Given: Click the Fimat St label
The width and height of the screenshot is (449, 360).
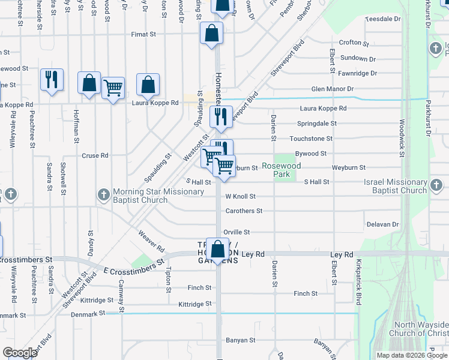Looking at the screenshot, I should point(145,35).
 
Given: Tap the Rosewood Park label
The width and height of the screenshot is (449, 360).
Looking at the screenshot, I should point(281,170).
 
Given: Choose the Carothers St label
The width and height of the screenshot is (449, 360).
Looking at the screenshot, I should point(244,211).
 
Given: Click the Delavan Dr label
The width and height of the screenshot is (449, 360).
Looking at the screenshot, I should point(382,224).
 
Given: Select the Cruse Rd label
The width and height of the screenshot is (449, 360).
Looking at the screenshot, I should point(95,155).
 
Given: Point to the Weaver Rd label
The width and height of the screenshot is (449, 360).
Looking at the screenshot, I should point(151,240).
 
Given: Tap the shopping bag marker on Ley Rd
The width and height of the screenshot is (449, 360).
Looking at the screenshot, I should point(218,249).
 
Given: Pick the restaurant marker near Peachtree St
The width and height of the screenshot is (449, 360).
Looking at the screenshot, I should point(52,80).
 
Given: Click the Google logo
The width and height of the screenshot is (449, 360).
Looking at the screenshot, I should point(20,353).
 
